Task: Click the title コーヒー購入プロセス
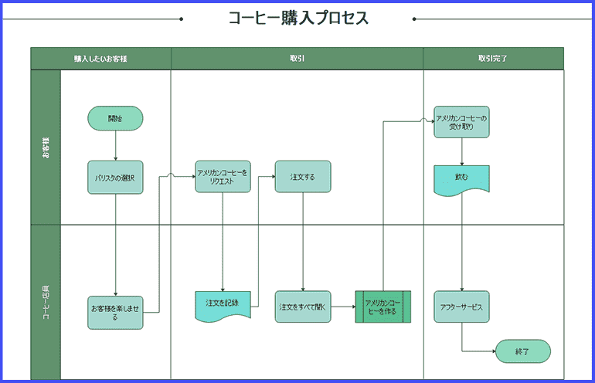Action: pyautogui.click(x=297, y=18)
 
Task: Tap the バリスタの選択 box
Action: pyautogui.click(x=115, y=177)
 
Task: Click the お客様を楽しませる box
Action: pyautogui.click(x=115, y=311)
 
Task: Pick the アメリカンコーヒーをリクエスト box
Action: pyautogui.click(x=223, y=177)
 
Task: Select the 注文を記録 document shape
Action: pyautogui.click(x=223, y=305)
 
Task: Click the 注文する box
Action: pyautogui.click(x=303, y=177)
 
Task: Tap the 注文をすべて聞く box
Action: pyautogui.click(x=303, y=307)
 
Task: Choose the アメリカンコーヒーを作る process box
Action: pyautogui.click(x=383, y=307)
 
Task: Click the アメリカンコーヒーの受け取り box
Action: pyautogui.click(x=461, y=122)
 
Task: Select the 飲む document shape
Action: pyautogui.click(x=461, y=179)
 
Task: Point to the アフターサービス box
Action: pyautogui.click(x=461, y=307)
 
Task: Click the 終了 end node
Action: pyautogui.click(x=522, y=351)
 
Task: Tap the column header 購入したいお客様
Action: pyautogui.click(x=100, y=59)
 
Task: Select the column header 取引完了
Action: pyautogui.click(x=493, y=59)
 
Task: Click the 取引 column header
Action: pyautogui.click(x=297, y=59)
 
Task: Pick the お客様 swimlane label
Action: pyautogui.click(x=46, y=147)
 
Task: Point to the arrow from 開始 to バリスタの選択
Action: pyautogui.click(x=115, y=145)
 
